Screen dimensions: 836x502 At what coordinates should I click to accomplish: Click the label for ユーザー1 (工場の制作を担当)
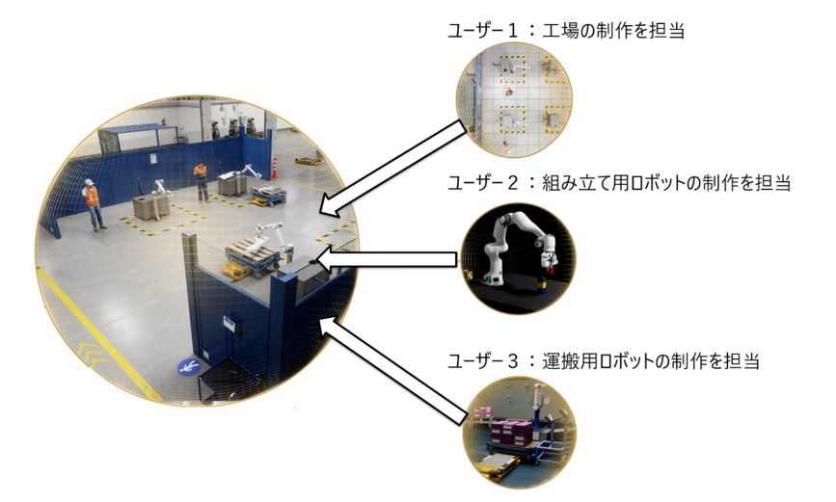tap(566, 31)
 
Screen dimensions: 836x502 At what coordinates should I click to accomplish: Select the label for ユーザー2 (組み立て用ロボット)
tap(618, 183)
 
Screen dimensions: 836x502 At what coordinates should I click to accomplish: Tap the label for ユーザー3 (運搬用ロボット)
tap(604, 360)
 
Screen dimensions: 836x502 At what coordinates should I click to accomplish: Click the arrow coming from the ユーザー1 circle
tap(393, 169)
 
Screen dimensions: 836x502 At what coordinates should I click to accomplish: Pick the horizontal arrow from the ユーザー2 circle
tap(387, 259)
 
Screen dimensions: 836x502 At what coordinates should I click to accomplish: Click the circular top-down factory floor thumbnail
tap(513, 100)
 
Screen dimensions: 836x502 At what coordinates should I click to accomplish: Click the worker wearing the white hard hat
tap(93, 204)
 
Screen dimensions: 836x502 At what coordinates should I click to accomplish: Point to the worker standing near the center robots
tap(201, 182)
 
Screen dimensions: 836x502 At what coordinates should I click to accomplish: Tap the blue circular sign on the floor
tap(189, 367)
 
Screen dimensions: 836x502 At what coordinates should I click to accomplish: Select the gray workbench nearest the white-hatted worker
tap(151, 207)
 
